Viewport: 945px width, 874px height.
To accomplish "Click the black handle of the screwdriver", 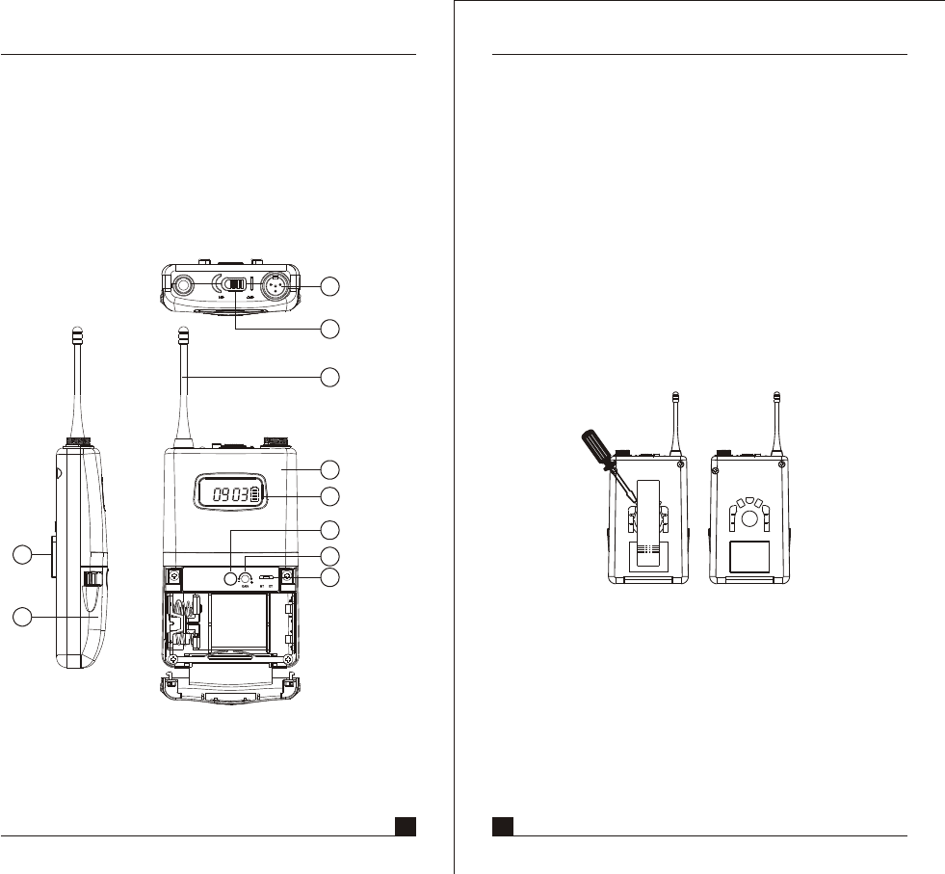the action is point(591,449).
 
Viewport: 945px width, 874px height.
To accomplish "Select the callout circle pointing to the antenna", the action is point(329,376).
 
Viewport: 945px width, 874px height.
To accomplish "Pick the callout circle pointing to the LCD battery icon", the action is point(329,496).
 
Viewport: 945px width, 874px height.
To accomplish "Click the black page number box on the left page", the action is point(405,825).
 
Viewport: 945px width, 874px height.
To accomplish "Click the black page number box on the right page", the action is point(502,825).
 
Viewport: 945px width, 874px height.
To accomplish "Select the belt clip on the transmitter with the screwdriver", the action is point(645,520).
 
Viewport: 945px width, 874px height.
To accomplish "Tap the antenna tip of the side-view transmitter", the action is point(76,337).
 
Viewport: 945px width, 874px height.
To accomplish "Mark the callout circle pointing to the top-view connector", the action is point(329,285).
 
